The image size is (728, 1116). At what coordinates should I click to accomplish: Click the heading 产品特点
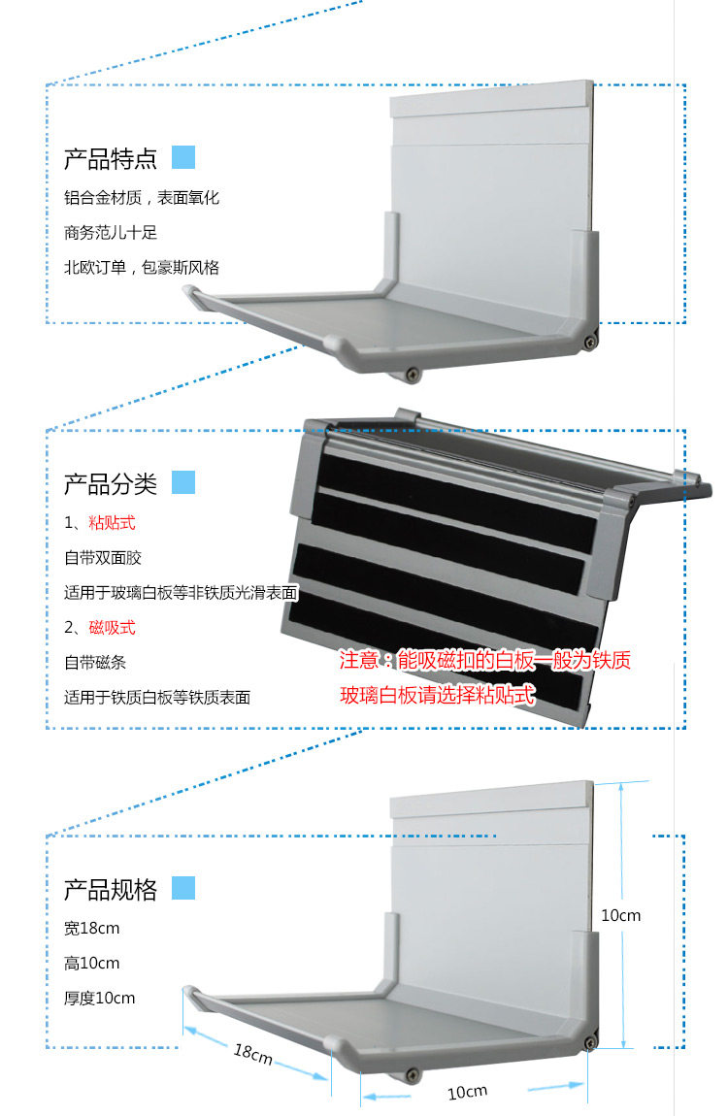[x=110, y=158]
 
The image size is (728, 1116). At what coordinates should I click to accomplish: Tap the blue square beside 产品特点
[x=183, y=157]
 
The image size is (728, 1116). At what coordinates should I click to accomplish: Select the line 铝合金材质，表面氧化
[x=142, y=198]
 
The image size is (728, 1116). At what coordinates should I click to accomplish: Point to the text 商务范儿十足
[x=111, y=233]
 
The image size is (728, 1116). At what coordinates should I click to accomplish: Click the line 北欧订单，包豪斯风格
[x=142, y=268]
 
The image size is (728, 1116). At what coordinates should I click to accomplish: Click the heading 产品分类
[x=110, y=483]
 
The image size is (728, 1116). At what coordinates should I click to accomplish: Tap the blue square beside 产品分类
[x=183, y=482]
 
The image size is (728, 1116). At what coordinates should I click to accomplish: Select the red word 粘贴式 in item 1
[x=112, y=524]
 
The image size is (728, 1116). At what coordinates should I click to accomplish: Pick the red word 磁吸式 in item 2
[x=112, y=628]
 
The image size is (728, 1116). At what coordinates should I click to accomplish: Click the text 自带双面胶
[x=103, y=559]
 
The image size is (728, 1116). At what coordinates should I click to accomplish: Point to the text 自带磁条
[x=95, y=663]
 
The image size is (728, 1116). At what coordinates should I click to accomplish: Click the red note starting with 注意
[x=484, y=662]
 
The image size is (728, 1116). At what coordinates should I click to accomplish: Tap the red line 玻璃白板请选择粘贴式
[x=437, y=696]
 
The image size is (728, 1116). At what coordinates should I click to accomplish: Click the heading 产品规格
[x=110, y=890]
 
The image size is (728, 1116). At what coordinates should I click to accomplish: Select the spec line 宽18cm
[x=91, y=929]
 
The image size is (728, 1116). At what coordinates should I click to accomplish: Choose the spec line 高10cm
[x=91, y=964]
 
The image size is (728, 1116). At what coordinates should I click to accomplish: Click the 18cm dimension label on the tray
[x=252, y=1054]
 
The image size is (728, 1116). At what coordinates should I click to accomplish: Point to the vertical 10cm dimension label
[x=621, y=915]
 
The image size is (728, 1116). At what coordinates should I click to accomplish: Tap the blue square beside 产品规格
[x=183, y=888]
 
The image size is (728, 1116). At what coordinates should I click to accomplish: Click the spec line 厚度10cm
[x=99, y=999]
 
